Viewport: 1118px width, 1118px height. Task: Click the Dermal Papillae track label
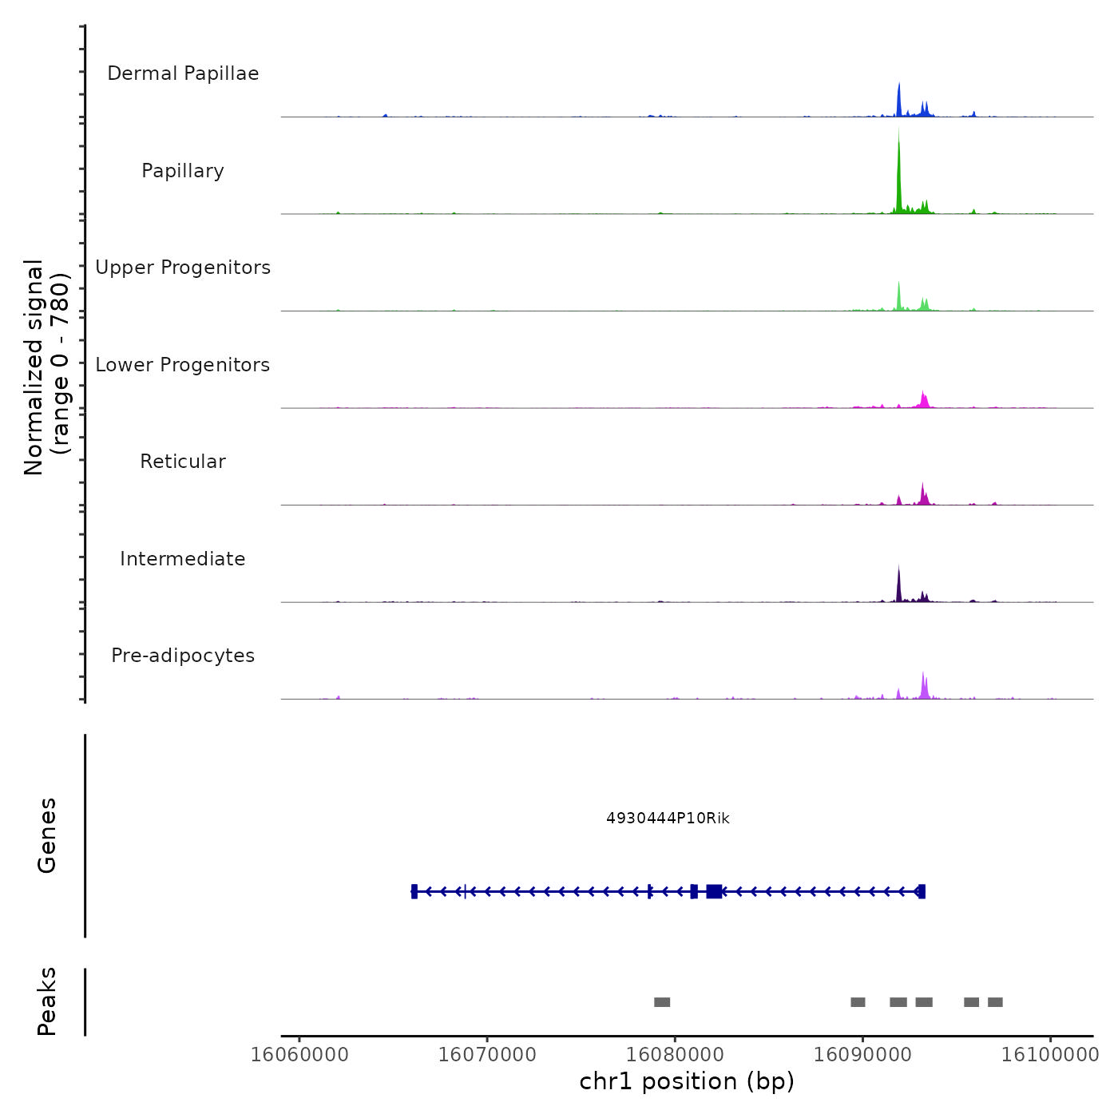[x=183, y=73]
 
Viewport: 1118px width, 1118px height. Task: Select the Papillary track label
[x=183, y=171]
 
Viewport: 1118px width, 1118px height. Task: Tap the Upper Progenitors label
[x=183, y=268]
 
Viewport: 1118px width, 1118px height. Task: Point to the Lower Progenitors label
[x=183, y=365]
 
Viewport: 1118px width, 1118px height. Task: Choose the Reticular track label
[x=183, y=462]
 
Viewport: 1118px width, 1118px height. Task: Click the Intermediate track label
[x=183, y=559]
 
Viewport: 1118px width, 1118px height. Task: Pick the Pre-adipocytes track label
[x=183, y=656]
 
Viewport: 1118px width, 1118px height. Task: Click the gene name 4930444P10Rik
[x=668, y=819]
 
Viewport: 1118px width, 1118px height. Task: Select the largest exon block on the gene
[x=714, y=891]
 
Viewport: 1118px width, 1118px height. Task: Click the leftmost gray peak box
[x=662, y=1002]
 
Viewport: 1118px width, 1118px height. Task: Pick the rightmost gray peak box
[x=995, y=1002]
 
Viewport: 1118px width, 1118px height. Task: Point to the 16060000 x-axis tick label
[x=299, y=1055]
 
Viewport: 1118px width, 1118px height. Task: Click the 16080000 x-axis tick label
[x=675, y=1055]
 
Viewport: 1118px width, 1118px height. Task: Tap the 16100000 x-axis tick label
[x=1050, y=1055]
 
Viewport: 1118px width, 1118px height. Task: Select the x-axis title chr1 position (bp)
[x=687, y=1081]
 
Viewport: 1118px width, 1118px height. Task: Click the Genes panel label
[x=47, y=835]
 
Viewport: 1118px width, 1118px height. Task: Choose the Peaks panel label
[x=47, y=1001]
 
